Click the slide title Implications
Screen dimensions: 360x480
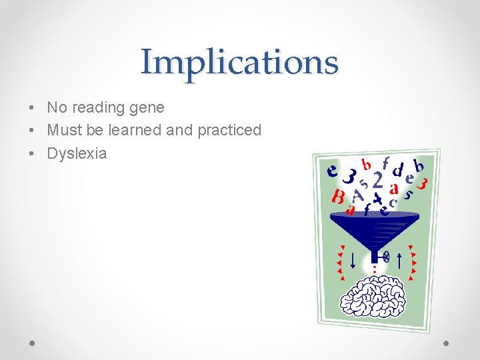click(x=239, y=62)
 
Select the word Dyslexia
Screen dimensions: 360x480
click(x=77, y=153)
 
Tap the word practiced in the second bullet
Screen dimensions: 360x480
click(x=229, y=130)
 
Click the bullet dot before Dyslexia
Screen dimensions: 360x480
click(x=32, y=153)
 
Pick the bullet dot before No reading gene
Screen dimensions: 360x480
click(x=32, y=107)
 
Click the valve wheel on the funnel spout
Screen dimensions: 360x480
click(x=386, y=255)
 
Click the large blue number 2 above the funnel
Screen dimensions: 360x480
click(x=377, y=181)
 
